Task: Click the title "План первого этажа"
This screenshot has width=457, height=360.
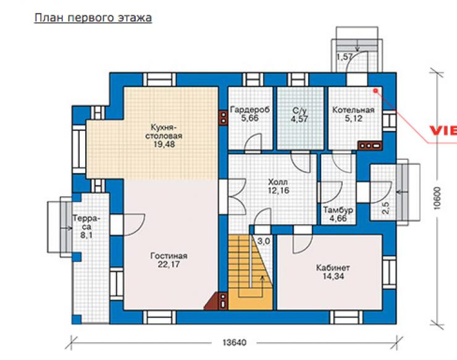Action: tap(93, 18)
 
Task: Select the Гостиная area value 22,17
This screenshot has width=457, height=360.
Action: tap(169, 265)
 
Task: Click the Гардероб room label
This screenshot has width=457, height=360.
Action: tap(249, 110)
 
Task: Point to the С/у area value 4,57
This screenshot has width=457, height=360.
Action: tap(300, 119)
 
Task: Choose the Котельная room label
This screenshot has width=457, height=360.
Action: tap(353, 110)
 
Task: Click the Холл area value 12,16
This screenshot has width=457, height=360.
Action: tap(279, 191)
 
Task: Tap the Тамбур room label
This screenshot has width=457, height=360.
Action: tap(338, 210)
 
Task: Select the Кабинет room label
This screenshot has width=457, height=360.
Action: tap(333, 268)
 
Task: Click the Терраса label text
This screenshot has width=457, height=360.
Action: tap(86, 222)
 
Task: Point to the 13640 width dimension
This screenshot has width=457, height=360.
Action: tap(234, 342)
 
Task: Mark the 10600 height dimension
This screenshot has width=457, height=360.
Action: tap(437, 198)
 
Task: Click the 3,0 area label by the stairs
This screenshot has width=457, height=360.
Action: tap(264, 241)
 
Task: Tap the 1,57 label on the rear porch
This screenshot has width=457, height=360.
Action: tap(345, 57)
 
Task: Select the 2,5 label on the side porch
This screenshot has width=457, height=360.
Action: tap(385, 208)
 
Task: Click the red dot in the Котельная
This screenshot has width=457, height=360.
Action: tap(375, 91)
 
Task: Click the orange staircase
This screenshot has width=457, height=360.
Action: tap(250, 272)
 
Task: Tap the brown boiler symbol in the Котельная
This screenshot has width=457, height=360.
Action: tap(370, 145)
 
